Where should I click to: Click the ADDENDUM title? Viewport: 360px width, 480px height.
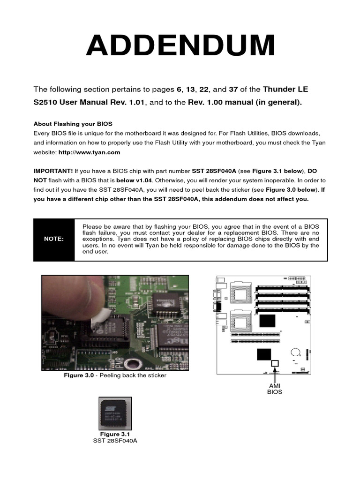pyautogui.click(x=180, y=46)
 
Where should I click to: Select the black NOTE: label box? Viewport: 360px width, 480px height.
pyautogui.click(x=54, y=239)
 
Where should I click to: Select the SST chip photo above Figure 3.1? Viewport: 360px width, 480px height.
pyautogui.click(x=115, y=413)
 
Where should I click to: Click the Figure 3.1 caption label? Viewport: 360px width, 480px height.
pyautogui.click(x=115, y=434)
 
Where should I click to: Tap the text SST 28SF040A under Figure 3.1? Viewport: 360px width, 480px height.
pyautogui.click(x=115, y=441)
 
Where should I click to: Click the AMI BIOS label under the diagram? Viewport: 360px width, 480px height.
pyautogui.click(x=275, y=388)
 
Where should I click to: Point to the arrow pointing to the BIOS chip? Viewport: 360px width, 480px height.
pyautogui.click(x=275, y=373)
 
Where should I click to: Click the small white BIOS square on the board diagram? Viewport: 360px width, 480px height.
pyautogui.click(x=275, y=363)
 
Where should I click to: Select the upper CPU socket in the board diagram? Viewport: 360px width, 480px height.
pyautogui.click(x=241, y=295)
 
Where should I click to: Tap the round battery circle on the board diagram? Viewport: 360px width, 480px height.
pyautogui.click(x=295, y=352)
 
